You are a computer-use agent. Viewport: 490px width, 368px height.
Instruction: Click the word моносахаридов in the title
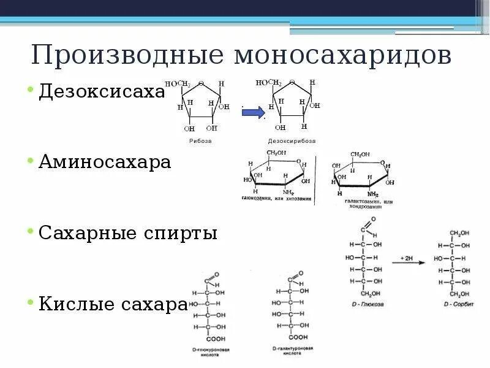coord(343,55)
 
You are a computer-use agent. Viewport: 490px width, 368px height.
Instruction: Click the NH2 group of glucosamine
coord(288,192)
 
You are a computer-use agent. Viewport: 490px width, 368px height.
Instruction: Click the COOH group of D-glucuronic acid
coord(215,339)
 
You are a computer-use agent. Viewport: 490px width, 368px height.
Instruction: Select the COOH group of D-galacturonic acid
coord(298,337)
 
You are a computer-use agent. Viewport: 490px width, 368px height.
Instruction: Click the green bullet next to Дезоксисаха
coord(29,90)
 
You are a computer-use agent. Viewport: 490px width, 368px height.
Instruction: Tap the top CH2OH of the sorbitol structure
coord(459,233)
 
